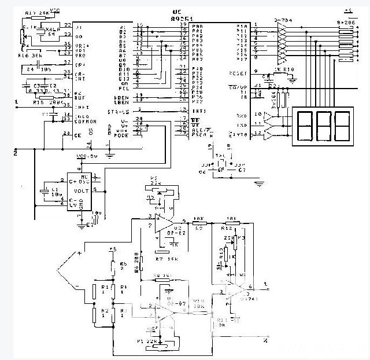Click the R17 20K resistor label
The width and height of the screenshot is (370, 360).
coord(38,13)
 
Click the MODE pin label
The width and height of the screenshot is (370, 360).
coord(121,135)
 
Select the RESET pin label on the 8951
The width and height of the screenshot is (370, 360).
coord(238,74)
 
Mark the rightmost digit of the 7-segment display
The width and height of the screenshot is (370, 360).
coord(342,124)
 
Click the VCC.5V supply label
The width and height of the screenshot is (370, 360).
coord(87,156)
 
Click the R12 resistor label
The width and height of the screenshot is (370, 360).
coord(227,227)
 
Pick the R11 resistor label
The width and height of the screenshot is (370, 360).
coord(221,319)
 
